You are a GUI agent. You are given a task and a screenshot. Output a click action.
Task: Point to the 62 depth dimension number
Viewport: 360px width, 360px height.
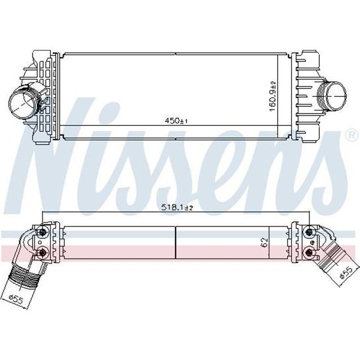(265, 243)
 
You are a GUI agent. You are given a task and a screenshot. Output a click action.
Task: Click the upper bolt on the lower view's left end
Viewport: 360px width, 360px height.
(43, 232)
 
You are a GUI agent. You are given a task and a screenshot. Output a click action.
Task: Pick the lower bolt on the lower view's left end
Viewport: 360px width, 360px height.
(43, 252)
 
